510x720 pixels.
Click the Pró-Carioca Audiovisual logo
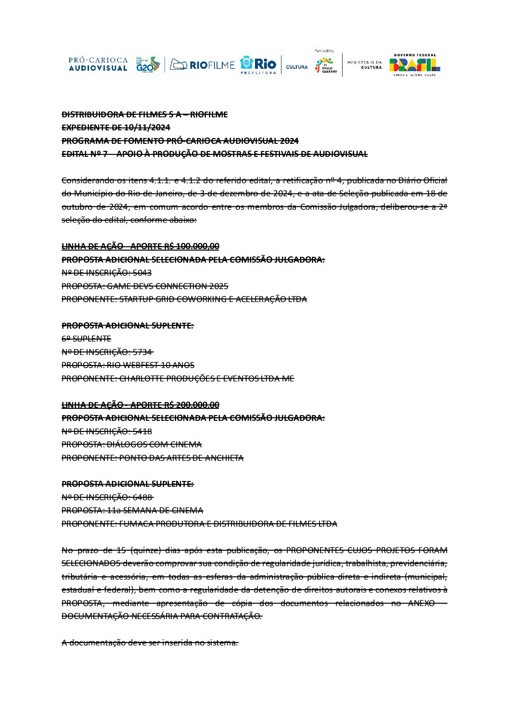[98, 64]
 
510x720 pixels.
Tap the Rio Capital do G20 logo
[147, 64]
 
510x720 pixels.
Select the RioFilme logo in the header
[203, 64]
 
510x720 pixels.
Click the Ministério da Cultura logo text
[364, 64]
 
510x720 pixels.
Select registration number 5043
[142, 273]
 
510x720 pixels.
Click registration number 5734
[142, 352]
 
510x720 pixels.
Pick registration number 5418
[142, 431]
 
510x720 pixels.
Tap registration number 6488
[142, 497]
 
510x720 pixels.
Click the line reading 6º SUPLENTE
[86, 339]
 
